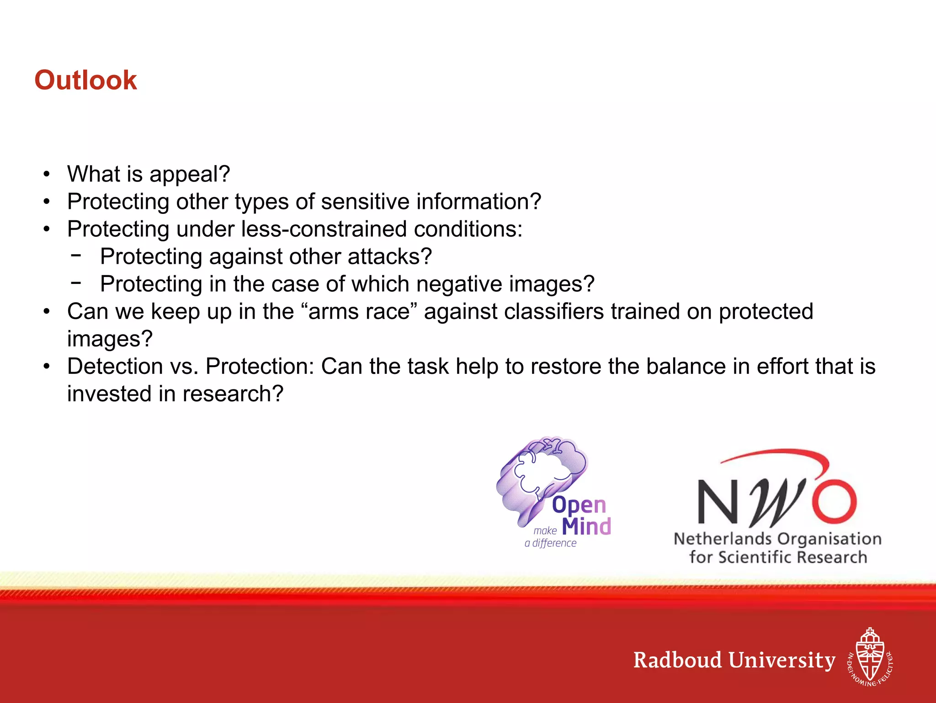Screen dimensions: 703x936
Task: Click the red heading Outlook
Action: coord(85,80)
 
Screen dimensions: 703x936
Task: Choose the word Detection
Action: coord(115,366)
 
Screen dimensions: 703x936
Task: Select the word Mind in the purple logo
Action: coord(586,527)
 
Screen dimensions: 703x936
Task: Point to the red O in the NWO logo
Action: coord(834,501)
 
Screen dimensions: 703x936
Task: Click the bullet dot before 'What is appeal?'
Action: coord(46,175)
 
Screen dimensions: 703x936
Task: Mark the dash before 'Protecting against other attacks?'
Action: coord(76,255)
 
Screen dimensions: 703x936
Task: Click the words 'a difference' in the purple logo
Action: coord(550,543)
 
